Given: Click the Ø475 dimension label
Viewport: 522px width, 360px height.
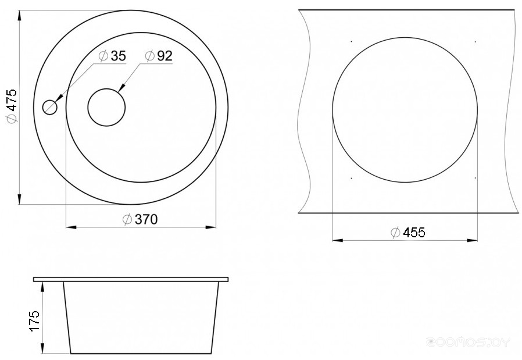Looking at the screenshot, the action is (12, 106).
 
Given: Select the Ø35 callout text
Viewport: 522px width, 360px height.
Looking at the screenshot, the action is (113, 56).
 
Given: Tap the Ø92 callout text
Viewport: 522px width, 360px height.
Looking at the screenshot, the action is (159, 56).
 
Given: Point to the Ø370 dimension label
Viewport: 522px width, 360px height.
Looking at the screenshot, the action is (140, 219).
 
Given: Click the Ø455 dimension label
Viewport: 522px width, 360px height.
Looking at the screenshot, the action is (408, 232).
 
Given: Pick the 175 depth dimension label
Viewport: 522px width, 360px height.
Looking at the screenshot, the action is (35, 320).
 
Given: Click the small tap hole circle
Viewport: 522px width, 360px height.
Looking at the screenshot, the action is (50, 107).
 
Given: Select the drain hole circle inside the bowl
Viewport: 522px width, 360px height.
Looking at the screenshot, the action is (106, 107).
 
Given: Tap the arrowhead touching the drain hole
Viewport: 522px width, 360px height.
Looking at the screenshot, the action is (121, 87).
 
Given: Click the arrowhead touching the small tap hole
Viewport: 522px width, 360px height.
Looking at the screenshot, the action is (59, 98).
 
